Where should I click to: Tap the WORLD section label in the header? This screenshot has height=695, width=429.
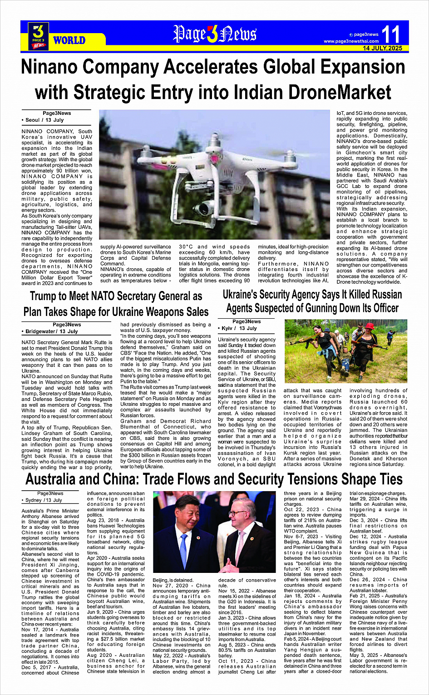click(69, 40)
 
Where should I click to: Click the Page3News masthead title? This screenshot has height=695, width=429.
click(214, 34)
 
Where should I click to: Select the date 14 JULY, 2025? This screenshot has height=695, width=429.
click(382, 48)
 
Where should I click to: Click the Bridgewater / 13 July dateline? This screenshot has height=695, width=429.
click(52, 331)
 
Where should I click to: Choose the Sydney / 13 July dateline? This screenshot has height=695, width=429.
click(44, 500)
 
